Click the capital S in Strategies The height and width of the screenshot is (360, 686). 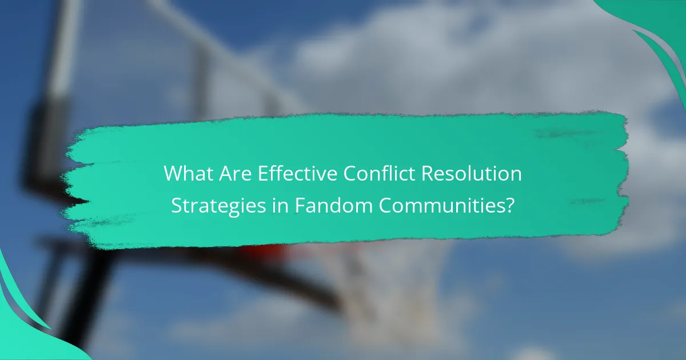[x=177, y=206]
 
